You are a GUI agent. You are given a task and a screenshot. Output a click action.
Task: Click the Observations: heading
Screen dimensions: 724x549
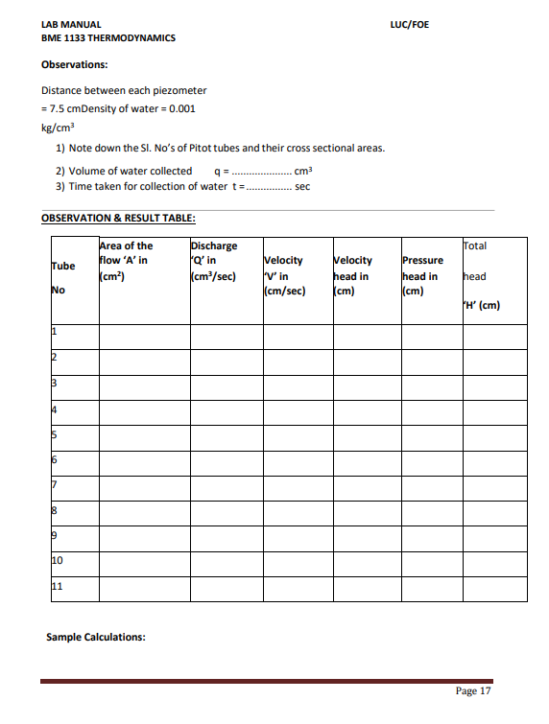75,65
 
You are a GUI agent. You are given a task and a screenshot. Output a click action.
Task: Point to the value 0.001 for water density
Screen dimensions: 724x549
182,108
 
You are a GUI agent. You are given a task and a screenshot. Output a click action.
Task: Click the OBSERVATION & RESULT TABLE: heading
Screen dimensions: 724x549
119,217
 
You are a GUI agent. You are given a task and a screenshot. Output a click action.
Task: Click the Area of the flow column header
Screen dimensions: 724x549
126,260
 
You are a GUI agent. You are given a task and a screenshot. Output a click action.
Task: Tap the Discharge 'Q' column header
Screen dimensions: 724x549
215,260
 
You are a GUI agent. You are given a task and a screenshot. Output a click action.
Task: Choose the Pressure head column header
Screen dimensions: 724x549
422,275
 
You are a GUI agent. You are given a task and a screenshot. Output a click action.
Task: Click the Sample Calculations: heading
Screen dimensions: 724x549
96,636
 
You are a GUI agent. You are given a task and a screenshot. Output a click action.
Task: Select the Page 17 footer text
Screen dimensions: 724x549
473,690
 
